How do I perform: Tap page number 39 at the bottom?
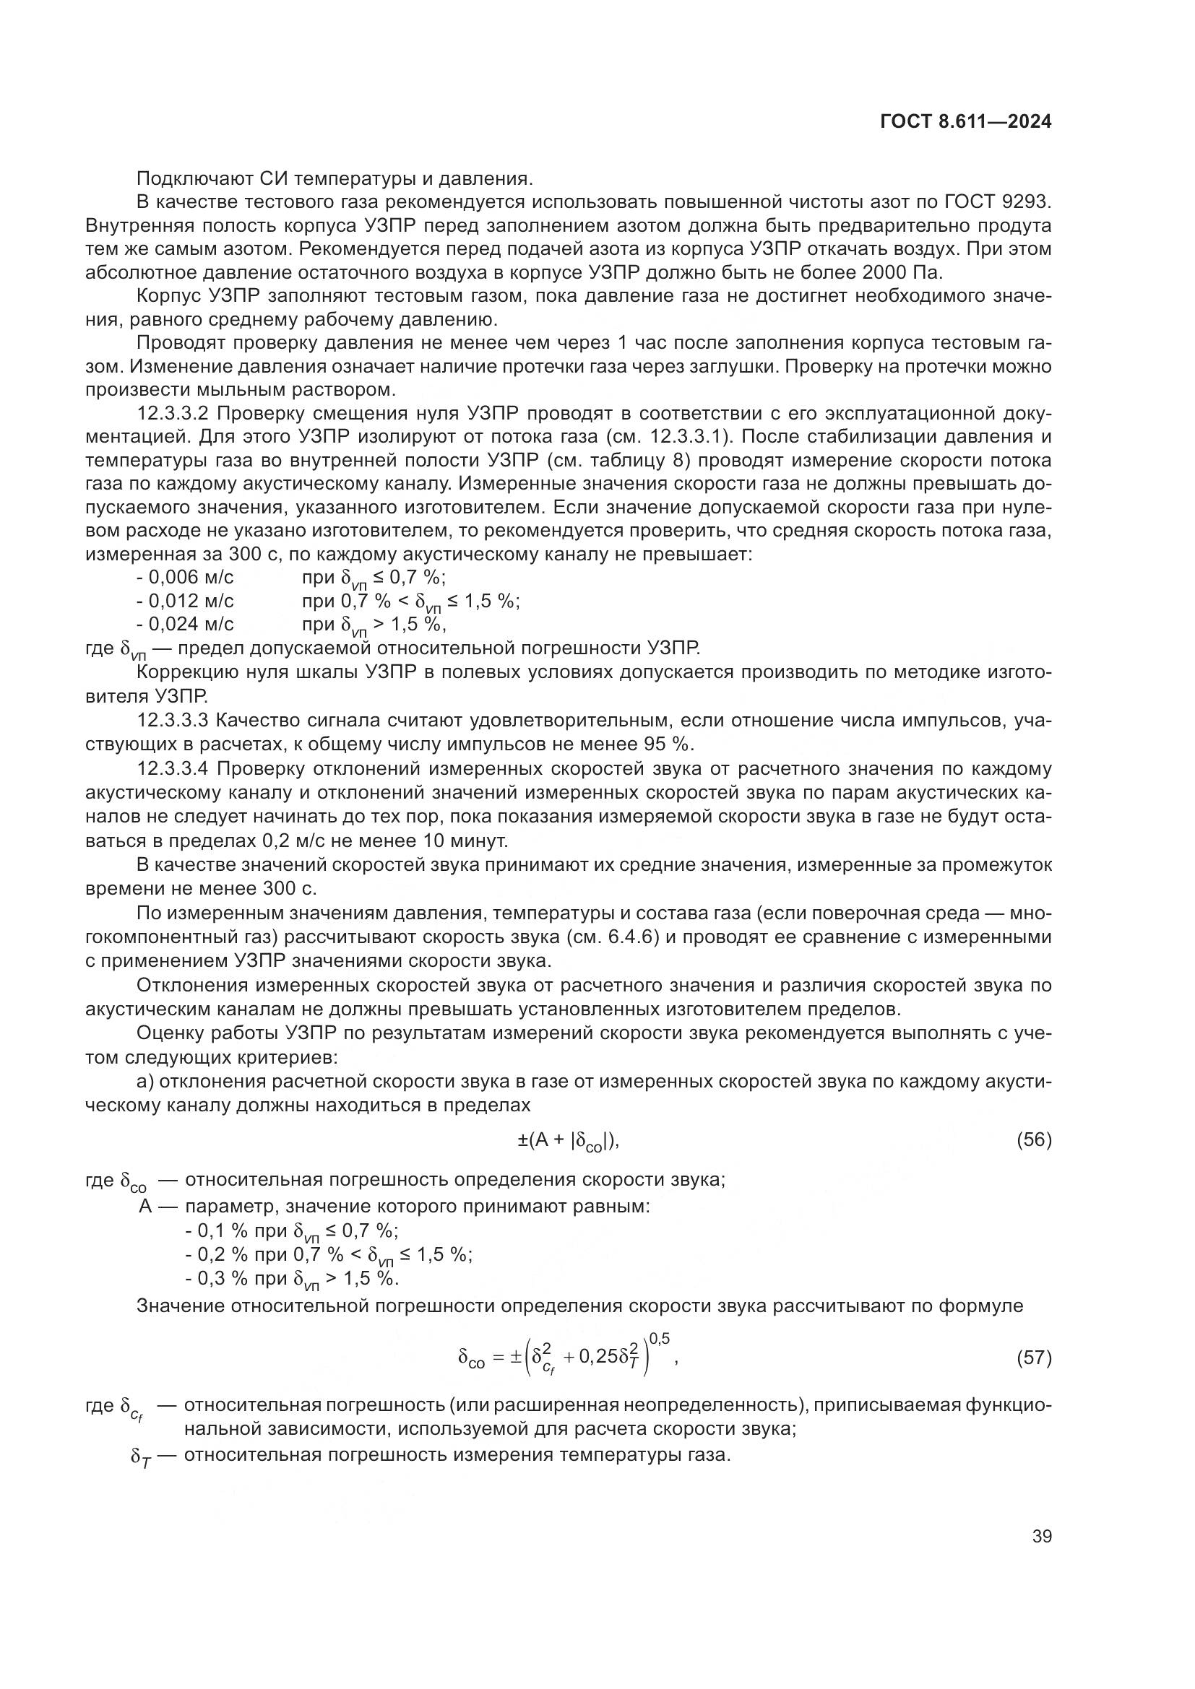click(1041, 1536)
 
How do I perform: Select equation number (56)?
click(1034, 1139)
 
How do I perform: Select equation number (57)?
click(1034, 1358)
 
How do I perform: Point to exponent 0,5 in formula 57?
click(660, 1339)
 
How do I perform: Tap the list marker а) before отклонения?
click(144, 1082)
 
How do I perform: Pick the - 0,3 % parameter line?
click(291, 1279)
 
